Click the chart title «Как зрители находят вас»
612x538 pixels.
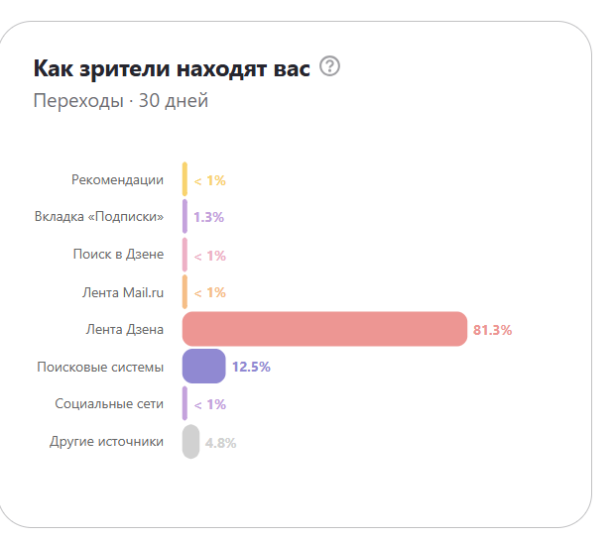(x=172, y=68)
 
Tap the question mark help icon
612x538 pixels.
(x=331, y=67)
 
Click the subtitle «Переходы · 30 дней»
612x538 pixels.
(x=120, y=100)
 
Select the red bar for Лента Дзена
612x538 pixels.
(x=324, y=330)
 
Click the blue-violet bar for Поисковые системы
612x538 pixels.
(x=203, y=367)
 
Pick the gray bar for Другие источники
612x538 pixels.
(x=190, y=442)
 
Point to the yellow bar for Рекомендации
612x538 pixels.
(x=184, y=179)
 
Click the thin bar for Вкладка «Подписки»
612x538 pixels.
(x=184, y=217)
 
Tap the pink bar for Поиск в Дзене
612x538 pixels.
(x=184, y=255)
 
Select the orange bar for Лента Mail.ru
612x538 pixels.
(x=184, y=292)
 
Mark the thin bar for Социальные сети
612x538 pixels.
(x=184, y=404)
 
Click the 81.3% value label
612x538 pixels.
(x=492, y=330)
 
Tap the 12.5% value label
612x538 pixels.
(x=251, y=367)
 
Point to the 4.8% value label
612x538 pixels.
(x=220, y=443)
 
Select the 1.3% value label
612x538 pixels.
(x=208, y=217)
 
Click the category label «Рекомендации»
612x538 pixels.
(x=117, y=180)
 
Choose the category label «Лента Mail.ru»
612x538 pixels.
(x=123, y=292)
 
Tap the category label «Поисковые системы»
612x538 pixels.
(x=100, y=367)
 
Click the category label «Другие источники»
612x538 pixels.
(x=106, y=442)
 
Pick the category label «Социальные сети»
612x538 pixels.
(x=109, y=404)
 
